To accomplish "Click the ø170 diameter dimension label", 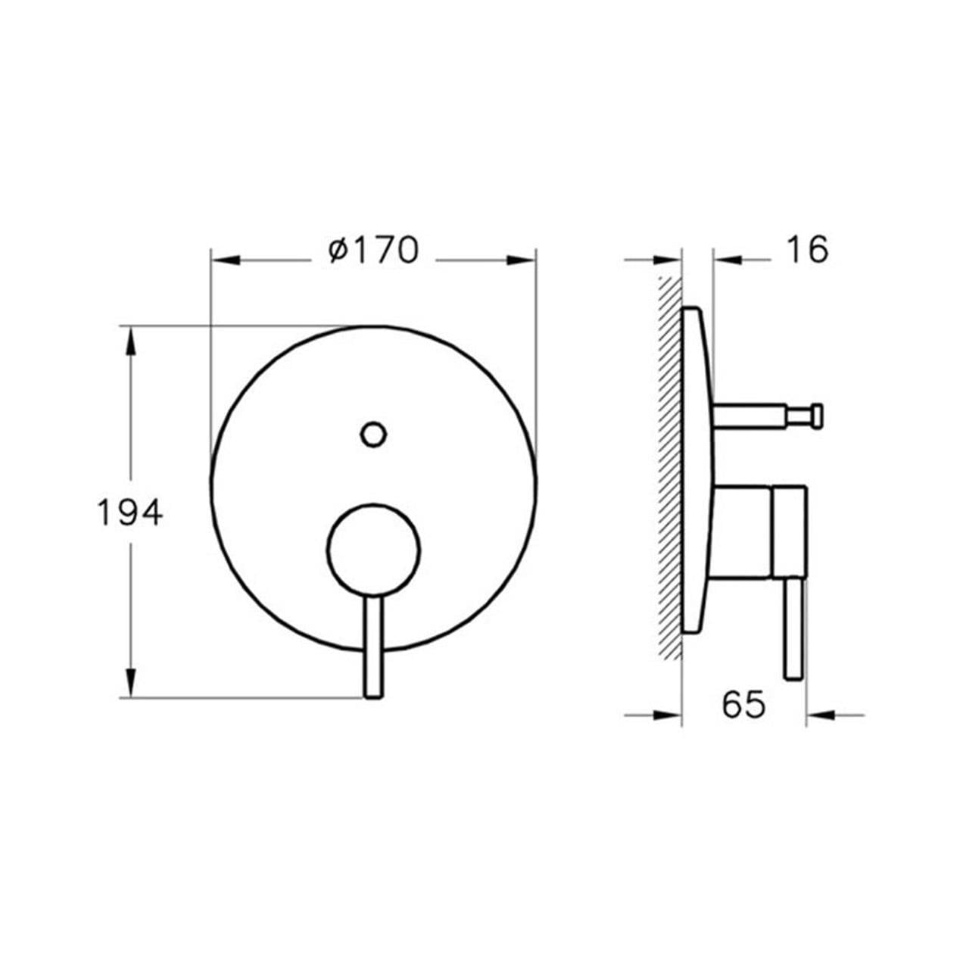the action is (372, 251).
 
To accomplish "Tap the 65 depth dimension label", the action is (743, 705).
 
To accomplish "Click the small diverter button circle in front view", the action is (374, 435).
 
